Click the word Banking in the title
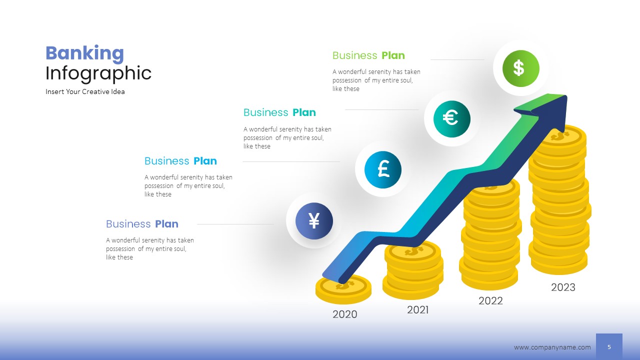pos(84,53)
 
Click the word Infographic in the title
pos(98,73)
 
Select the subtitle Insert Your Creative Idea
pos(85,92)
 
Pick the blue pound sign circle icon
pos(383,169)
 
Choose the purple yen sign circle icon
pos(314,220)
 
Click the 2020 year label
pos(345,314)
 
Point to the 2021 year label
pos(417,310)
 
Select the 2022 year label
pos(490,301)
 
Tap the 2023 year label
pos(563,287)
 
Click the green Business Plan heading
pos(368,55)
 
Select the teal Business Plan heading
pos(279,112)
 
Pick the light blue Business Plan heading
pos(180,161)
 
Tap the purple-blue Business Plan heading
pos(142,224)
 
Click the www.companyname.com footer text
pos(552,347)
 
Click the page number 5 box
pos(609,346)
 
